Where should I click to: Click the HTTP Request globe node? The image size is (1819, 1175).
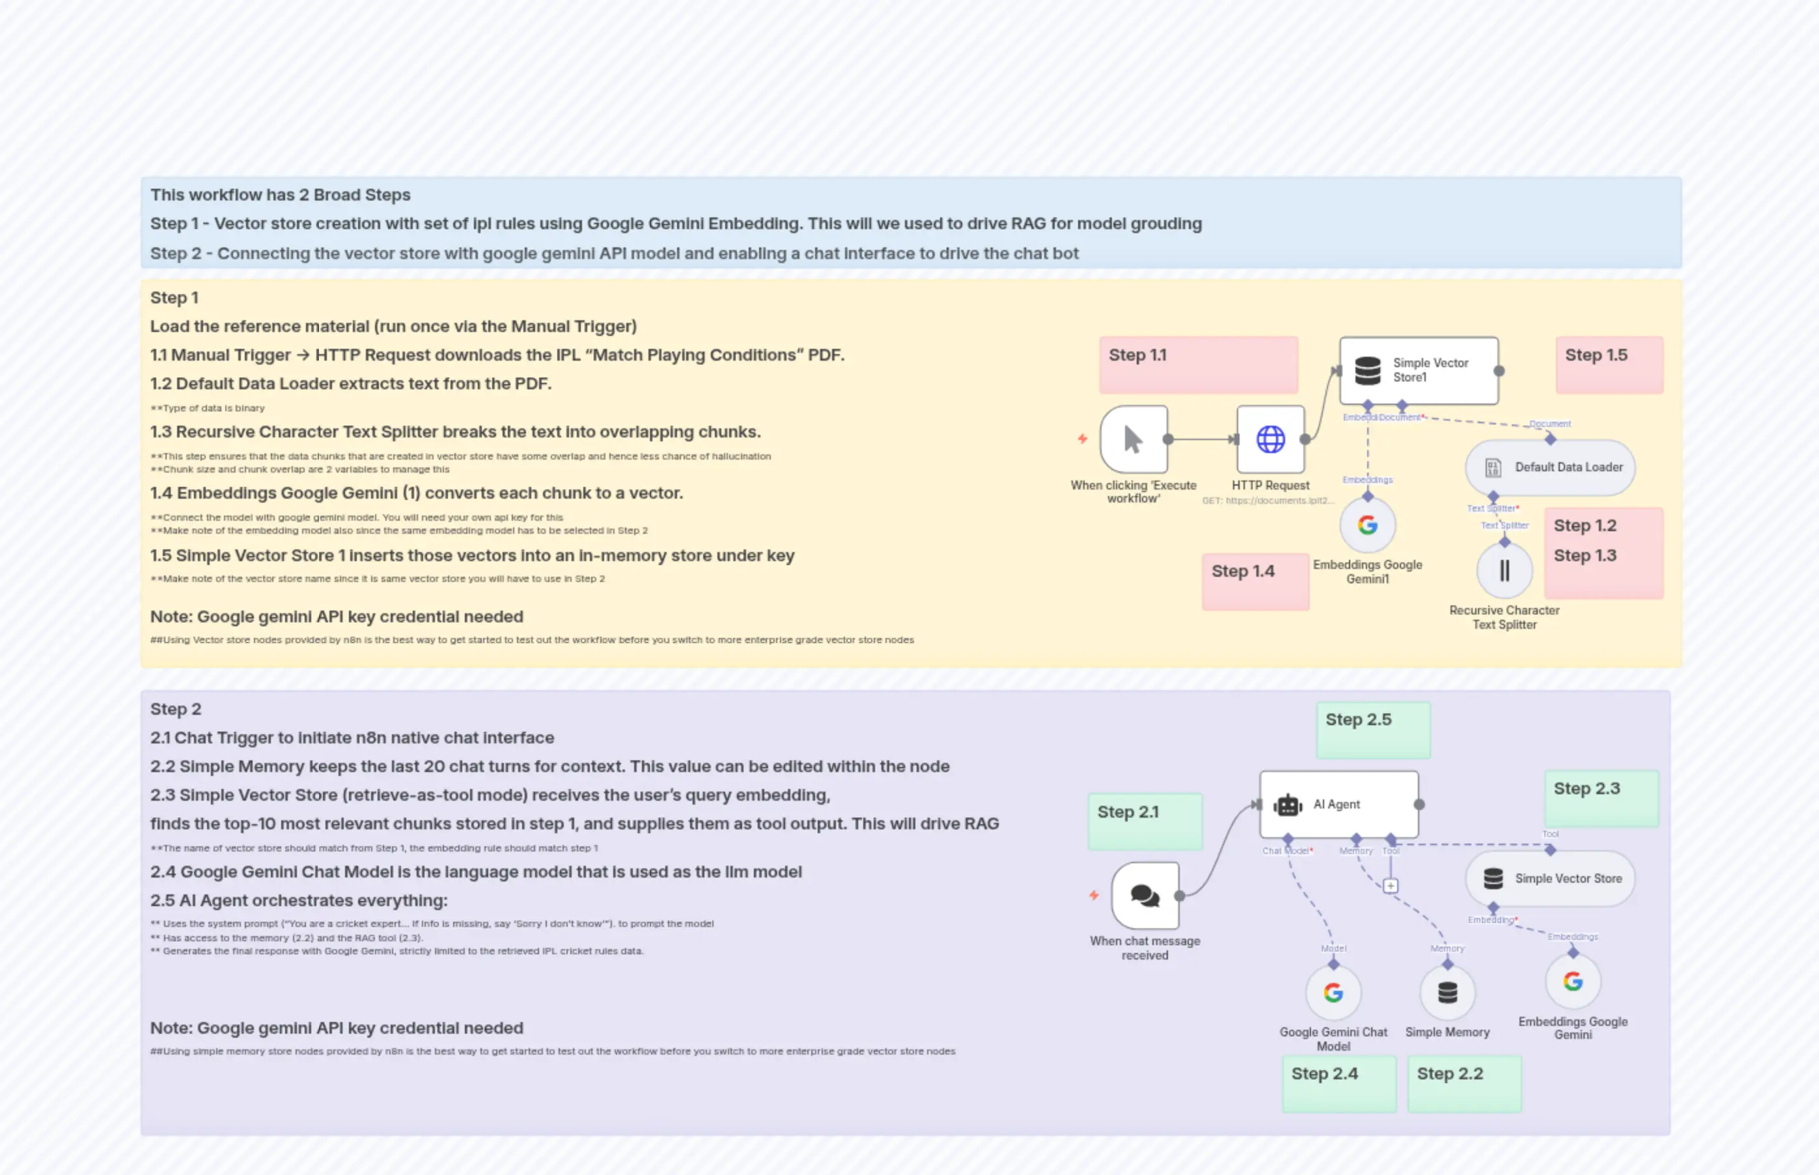(1270, 439)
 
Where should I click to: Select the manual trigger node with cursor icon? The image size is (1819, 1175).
(1134, 439)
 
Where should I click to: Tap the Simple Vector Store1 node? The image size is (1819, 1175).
(1419, 371)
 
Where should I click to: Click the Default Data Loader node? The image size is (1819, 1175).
(1549, 467)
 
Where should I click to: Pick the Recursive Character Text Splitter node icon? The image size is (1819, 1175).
(1504, 570)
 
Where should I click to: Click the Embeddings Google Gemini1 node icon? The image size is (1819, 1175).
(1367, 525)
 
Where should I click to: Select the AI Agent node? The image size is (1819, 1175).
(1339, 804)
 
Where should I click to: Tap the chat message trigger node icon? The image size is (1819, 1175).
(1145, 896)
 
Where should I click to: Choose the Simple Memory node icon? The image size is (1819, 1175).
(1447, 993)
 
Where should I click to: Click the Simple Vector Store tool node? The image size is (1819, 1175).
(1549, 879)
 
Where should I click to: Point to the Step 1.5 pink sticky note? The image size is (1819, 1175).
(1609, 365)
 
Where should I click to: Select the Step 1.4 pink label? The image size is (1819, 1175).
(1255, 581)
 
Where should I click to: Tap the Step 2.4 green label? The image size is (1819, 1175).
(1339, 1083)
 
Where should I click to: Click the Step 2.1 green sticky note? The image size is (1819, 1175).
(1145, 821)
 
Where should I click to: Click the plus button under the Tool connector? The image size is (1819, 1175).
(1390, 886)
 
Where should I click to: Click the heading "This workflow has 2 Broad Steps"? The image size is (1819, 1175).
(280, 195)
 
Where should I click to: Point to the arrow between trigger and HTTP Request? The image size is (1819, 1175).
(1201, 439)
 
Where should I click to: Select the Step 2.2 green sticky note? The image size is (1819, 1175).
(1464, 1083)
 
